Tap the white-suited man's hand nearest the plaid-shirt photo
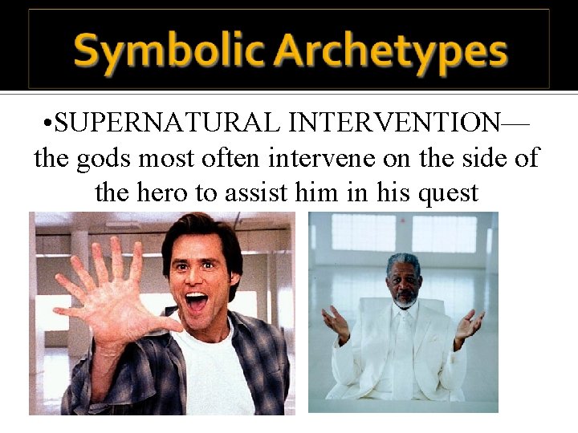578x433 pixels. [x=336, y=324]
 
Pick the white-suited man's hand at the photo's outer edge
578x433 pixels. [x=470, y=326]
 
